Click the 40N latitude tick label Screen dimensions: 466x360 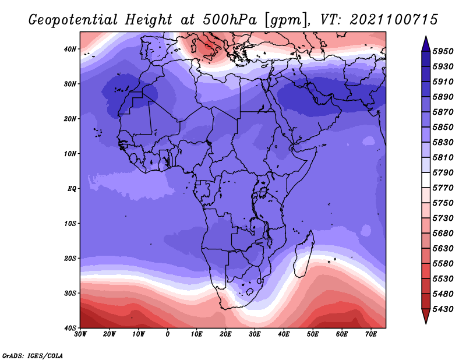pyautogui.click(x=70, y=49)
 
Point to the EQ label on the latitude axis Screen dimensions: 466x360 pyautogui.click(x=72, y=189)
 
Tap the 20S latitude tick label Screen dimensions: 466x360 pyautogui.click(x=70, y=258)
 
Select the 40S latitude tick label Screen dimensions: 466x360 pyautogui.click(x=70, y=328)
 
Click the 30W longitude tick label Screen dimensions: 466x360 pyautogui.click(x=80, y=334)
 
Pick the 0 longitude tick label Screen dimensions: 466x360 pyautogui.click(x=168, y=334)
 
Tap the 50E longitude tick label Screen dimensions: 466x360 pyautogui.click(x=313, y=334)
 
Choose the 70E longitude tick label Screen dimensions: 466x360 pyautogui.click(x=371, y=334)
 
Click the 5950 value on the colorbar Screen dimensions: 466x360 pyautogui.click(x=443, y=51)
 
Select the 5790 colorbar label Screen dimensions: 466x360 pyautogui.click(x=443, y=172)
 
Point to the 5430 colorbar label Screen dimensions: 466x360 pyautogui.click(x=443, y=309)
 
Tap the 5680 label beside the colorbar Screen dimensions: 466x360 pyautogui.click(x=443, y=234)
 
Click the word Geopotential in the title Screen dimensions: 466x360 pyautogui.click(x=73, y=20)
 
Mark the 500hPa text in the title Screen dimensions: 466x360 pyautogui.click(x=230, y=20)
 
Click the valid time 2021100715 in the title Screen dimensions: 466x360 pyautogui.click(x=394, y=20)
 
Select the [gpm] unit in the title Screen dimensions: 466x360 pyautogui.click(x=288, y=20)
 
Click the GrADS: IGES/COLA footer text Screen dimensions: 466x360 pyautogui.click(x=33, y=355)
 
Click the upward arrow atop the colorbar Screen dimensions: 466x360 pyautogui.click(x=426, y=44)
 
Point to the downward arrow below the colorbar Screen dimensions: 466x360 pyautogui.click(x=426, y=316)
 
